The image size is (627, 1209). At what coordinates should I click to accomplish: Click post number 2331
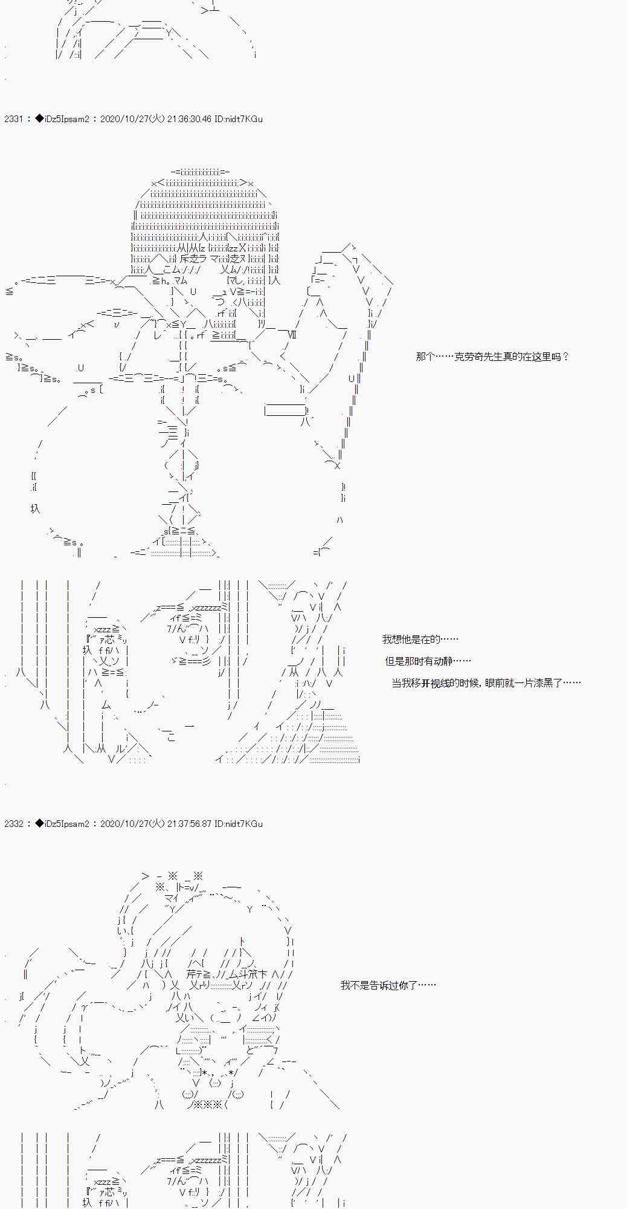pos(13,119)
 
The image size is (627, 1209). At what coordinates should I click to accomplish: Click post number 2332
pos(13,824)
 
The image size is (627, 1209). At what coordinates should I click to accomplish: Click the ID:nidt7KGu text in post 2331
pos(239,119)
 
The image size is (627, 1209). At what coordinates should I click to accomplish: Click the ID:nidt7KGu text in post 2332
pos(239,824)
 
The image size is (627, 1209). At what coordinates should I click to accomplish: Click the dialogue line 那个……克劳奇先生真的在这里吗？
pos(492,357)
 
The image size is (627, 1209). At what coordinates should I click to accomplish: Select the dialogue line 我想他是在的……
pos(420,640)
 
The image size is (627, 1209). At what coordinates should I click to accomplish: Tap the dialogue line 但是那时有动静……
pos(428,661)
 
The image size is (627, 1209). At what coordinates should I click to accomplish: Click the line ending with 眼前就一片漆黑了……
pos(486,683)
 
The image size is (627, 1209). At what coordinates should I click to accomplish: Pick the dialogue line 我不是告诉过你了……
pos(388,985)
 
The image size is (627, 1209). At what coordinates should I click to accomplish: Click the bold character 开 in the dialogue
pos(426,683)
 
